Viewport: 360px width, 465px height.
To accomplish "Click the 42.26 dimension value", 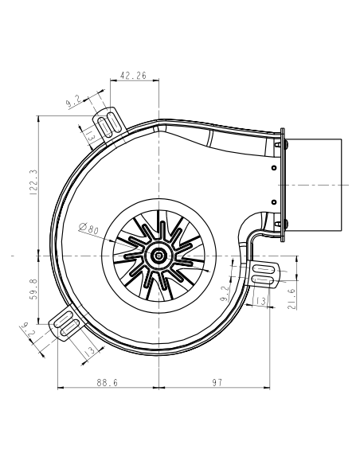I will coord(132,76).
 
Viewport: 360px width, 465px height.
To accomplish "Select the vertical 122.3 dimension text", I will coord(33,182).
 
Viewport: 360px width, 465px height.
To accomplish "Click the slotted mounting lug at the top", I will coord(112,123).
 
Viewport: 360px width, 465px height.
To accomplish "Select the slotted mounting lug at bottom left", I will coord(67,326).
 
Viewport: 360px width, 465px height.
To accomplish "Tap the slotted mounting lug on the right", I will coord(264,275).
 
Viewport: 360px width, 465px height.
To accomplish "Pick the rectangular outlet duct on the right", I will coord(312,184).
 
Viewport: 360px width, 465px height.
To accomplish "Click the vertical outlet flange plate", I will coord(280,184).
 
